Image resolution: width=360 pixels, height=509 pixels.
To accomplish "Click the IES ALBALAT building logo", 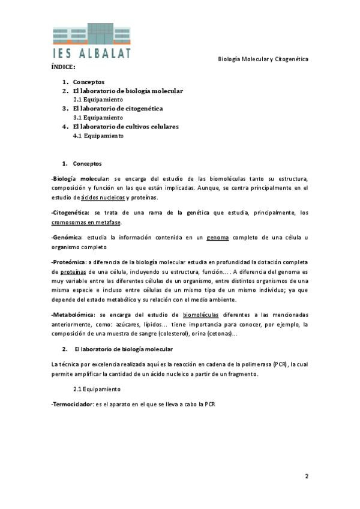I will (x=92, y=40).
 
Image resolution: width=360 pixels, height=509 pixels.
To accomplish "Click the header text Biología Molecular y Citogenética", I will (x=262, y=59).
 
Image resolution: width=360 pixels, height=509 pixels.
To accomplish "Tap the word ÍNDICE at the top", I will (x=63, y=68).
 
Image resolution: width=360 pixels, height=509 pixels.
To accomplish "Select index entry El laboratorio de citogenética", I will (x=118, y=109).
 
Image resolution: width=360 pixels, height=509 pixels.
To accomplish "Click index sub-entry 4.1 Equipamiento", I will (x=98, y=136).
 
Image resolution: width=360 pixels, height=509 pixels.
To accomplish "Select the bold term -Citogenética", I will (x=70, y=212).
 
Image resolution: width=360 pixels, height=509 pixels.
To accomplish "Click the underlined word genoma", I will (x=218, y=237).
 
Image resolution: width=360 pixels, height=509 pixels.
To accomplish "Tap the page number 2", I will (x=306, y=477).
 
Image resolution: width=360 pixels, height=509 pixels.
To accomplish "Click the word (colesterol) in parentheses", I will (x=171, y=333).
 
